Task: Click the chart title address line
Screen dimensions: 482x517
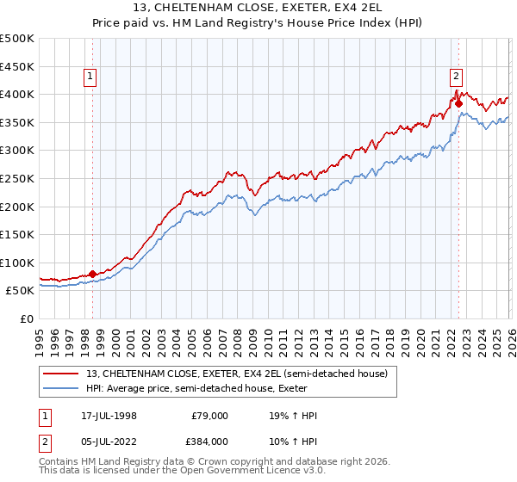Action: click(x=258, y=9)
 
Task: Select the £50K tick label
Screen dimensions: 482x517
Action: click(x=21, y=291)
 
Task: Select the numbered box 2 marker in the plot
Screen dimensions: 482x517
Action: click(x=456, y=75)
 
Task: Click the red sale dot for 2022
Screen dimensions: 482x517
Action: click(x=458, y=102)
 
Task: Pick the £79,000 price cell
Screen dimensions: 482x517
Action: click(x=209, y=417)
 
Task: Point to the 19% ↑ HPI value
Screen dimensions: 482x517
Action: click(x=293, y=417)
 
